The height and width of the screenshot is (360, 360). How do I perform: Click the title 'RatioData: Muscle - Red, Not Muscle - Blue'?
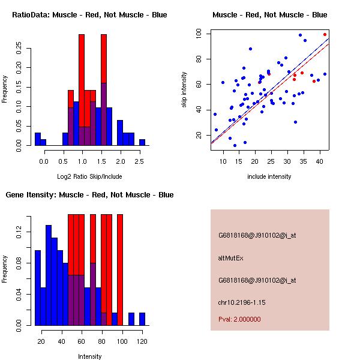(90, 14)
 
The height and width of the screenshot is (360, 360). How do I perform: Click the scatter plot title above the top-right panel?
(270, 14)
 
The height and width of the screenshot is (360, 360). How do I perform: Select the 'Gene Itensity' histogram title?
(90, 194)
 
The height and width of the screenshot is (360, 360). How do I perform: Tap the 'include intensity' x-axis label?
(270, 176)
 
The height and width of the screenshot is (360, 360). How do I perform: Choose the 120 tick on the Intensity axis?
(142, 341)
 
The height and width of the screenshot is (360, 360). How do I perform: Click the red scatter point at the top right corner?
(325, 35)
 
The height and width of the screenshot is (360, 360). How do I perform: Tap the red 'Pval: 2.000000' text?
(239, 319)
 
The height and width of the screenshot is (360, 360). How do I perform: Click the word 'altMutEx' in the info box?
(231, 257)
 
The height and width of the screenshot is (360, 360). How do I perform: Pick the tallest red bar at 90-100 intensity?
(120, 270)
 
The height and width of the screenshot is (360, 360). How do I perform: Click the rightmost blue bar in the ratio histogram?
(142, 142)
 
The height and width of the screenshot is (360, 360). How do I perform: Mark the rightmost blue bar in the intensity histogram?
(142, 319)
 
